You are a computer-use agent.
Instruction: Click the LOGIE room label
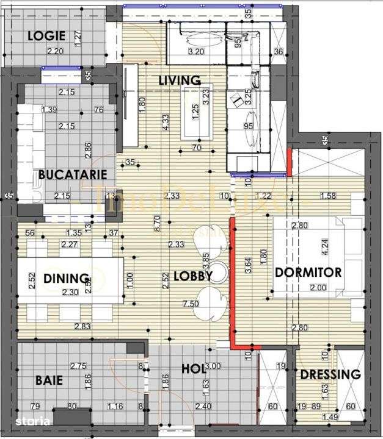(x=46, y=35)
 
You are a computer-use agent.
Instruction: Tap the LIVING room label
(x=180, y=80)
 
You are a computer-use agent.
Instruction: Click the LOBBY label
(x=192, y=276)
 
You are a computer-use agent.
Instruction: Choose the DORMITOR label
(x=308, y=272)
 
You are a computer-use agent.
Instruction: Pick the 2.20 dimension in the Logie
(x=56, y=51)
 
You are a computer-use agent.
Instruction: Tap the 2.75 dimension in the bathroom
(x=78, y=366)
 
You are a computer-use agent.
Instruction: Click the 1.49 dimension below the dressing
(x=329, y=417)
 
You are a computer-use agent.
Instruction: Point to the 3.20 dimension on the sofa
(x=196, y=51)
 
